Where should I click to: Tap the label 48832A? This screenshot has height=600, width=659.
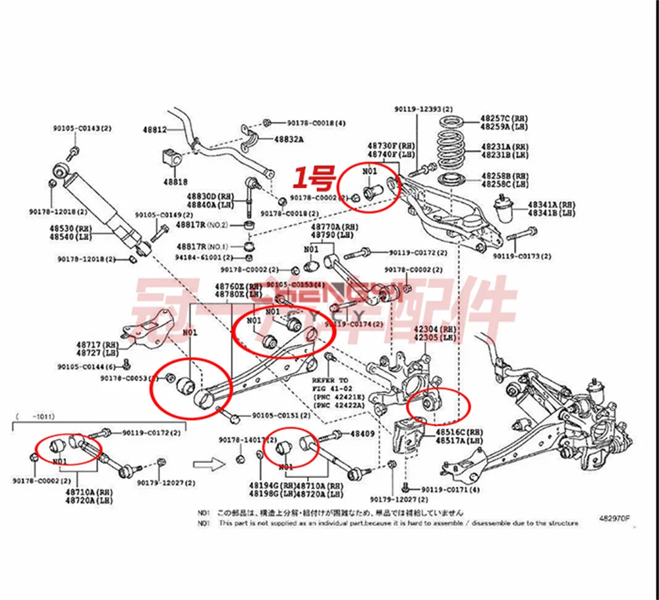[289, 139]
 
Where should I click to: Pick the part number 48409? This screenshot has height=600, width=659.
[362, 434]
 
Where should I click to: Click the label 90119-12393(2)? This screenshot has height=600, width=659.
[424, 109]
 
